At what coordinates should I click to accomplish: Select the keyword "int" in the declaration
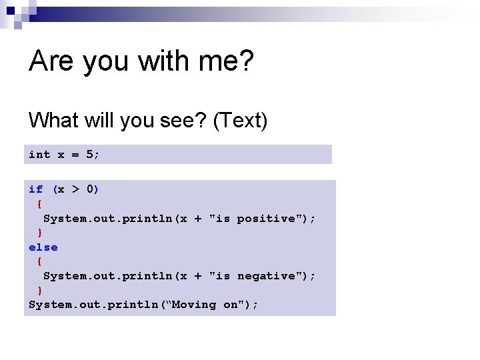39,155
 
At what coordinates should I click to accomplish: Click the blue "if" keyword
35,189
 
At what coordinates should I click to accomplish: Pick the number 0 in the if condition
90,189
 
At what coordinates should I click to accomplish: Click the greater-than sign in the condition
75,189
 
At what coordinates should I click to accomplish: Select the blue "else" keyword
43,247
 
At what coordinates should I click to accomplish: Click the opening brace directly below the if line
39,204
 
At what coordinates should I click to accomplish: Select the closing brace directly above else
39,233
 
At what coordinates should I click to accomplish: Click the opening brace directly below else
39,261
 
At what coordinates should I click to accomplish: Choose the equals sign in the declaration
75,155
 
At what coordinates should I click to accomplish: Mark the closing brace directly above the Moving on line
39,290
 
